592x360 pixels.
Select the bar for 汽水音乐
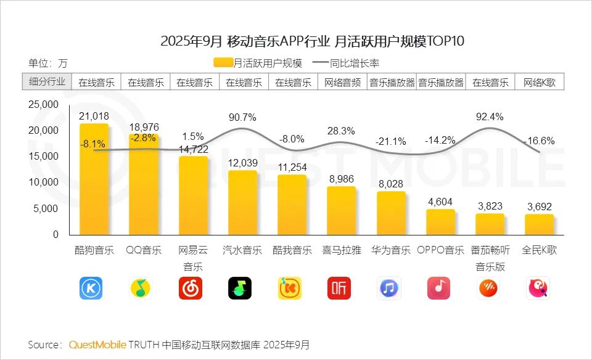242,202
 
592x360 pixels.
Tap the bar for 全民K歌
539,224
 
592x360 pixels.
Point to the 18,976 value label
144,127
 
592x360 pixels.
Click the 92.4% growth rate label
490,116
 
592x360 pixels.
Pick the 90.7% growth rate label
242,117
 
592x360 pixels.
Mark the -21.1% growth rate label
390,142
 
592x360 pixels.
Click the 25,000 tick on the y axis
43,104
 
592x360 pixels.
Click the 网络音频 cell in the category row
342,82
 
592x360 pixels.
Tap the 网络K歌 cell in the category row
539,82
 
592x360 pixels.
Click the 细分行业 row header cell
47,82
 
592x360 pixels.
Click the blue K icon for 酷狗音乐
91,288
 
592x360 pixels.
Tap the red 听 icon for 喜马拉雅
339,288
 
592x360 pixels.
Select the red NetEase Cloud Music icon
191,288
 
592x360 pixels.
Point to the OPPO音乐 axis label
440,250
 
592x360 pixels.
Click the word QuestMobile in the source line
97,344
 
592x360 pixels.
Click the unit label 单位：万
47,62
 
